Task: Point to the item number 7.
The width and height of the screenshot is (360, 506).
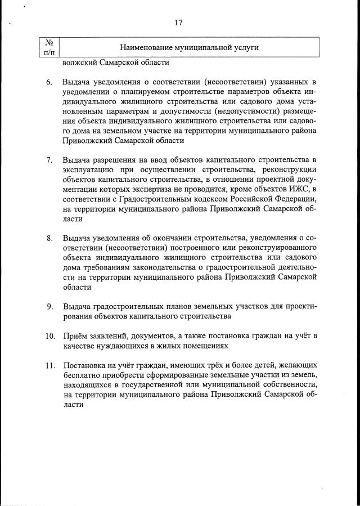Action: pos(49,162)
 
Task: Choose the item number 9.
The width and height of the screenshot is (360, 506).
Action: pos(49,306)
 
